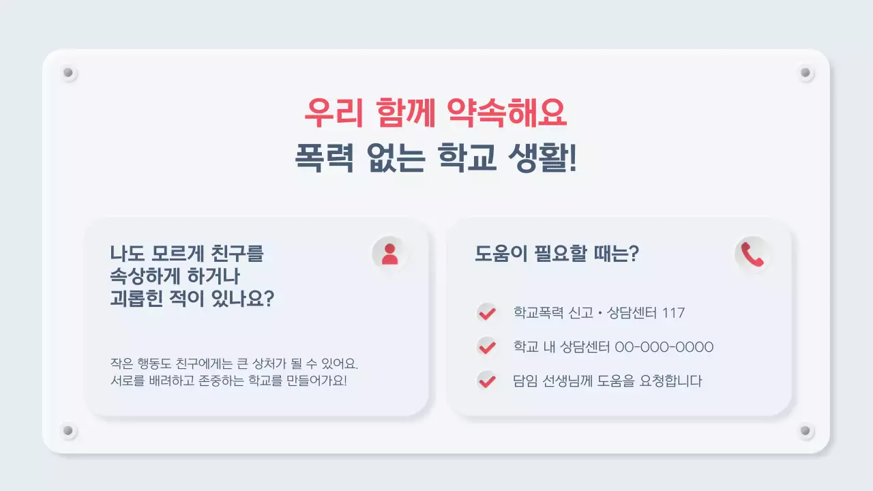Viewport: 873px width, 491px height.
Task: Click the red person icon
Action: pos(389,254)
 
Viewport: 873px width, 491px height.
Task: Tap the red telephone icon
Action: pos(752,254)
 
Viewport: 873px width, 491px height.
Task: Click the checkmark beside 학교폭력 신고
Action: pos(486,313)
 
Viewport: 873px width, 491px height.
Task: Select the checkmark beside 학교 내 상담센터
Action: pos(486,346)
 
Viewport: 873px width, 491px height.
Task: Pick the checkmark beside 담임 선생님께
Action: pos(486,381)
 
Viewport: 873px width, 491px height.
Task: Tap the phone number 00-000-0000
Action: pos(664,347)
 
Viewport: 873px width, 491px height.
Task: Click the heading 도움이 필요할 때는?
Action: pos(557,254)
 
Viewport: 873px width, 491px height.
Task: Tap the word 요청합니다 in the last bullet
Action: pos(671,381)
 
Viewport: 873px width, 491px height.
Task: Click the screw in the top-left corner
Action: pos(68,72)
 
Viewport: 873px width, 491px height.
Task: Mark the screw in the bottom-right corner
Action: pos(805,431)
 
